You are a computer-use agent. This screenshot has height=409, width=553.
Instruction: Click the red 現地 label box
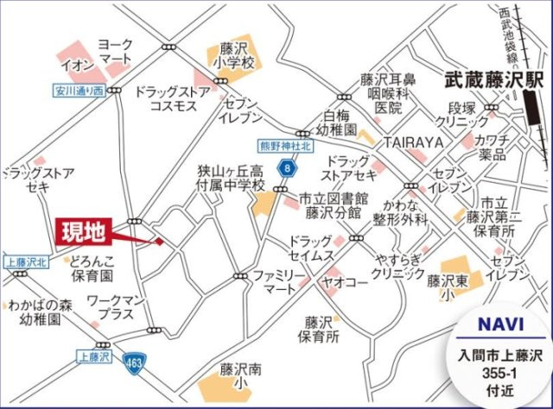coord(84,230)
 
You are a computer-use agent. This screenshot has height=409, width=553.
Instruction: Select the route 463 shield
coord(131,362)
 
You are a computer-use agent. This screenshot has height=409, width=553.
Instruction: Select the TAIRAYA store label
coord(413,142)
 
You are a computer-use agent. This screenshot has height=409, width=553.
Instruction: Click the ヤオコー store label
coord(346,281)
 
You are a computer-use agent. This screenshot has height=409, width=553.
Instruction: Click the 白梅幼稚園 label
coord(339,123)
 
